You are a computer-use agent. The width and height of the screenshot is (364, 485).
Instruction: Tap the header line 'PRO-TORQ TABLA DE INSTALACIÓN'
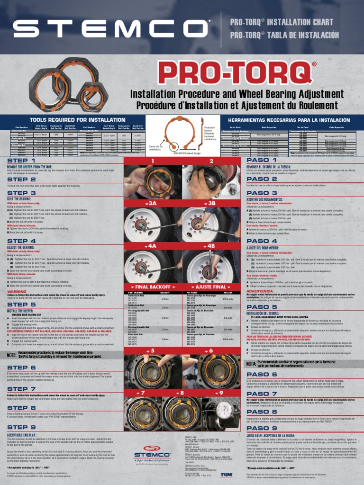tap(284, 36)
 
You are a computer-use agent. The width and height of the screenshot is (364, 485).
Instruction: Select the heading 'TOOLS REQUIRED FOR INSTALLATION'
tap(71, 119)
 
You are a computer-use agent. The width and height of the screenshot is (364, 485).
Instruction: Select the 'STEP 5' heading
tap(24, 305)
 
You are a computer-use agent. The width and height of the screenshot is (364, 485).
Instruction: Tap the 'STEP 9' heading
tap(24, 427)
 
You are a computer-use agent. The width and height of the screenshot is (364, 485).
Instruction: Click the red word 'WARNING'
tap(17, 292)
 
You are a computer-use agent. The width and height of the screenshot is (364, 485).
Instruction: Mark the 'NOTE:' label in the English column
tap(12, 355)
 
